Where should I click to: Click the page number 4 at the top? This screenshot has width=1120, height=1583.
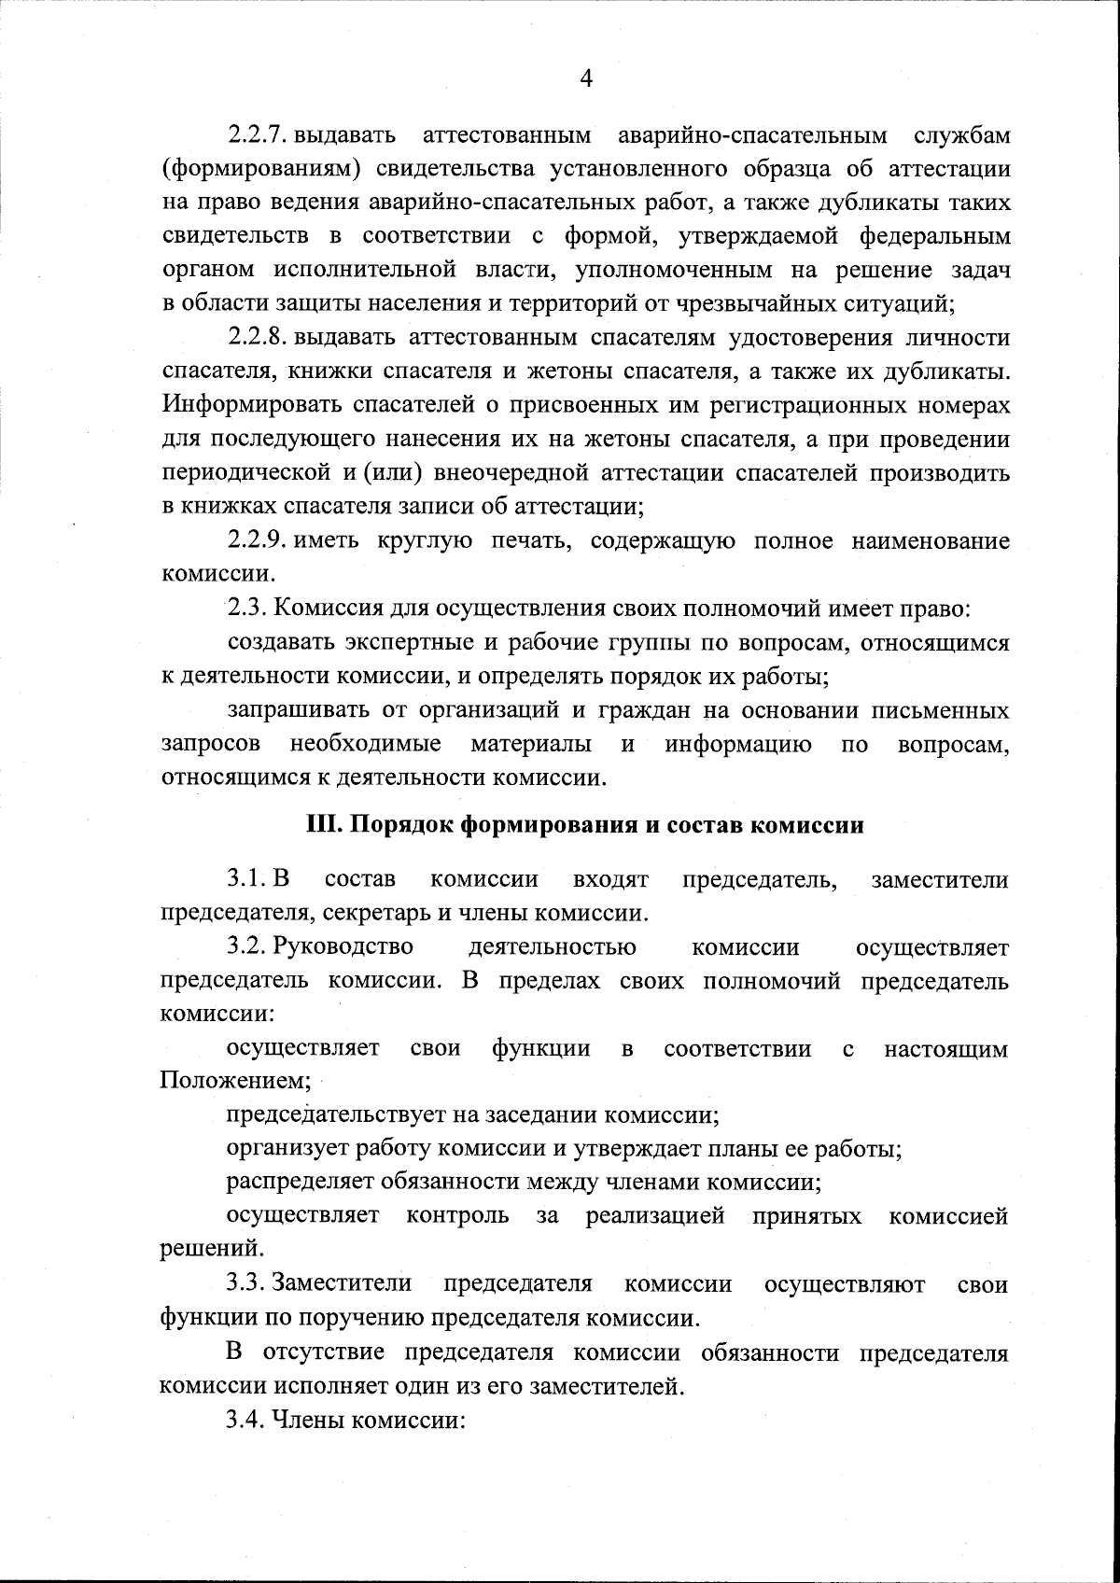tap(586, 78)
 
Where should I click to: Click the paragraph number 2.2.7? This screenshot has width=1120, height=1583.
tap(258, 135)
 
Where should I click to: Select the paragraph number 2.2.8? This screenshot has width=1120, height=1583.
tap(258, 338)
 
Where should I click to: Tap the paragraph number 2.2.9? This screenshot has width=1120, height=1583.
tap(258, 540)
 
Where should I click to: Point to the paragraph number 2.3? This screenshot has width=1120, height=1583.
tap(247, 609)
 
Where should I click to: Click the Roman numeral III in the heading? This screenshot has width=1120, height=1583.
tap(323, 826)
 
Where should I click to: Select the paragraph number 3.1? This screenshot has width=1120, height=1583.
tap(247, 879)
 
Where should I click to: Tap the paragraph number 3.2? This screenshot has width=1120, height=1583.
tap(247, 947)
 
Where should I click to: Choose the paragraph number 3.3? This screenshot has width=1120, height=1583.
tap(247, 1283)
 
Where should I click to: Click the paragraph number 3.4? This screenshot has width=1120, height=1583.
tap(247, 1420)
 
